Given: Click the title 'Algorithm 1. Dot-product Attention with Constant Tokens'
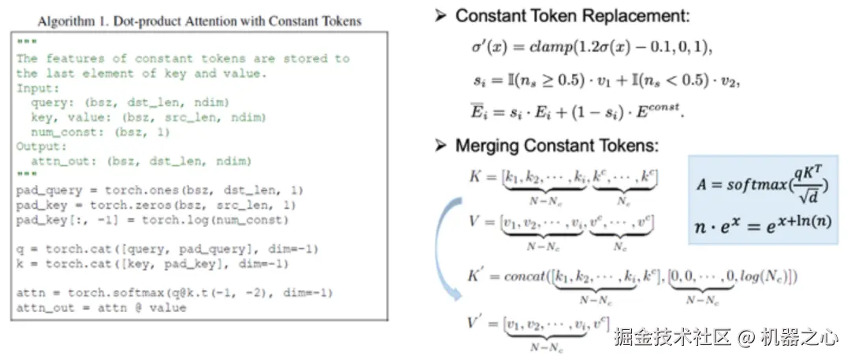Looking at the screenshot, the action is (x=199, y=20).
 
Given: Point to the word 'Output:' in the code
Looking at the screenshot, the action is (x=41, y=147).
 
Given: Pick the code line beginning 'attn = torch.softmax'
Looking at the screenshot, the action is (x=174, y=292).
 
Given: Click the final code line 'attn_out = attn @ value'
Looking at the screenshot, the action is (x=102, y=307).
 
